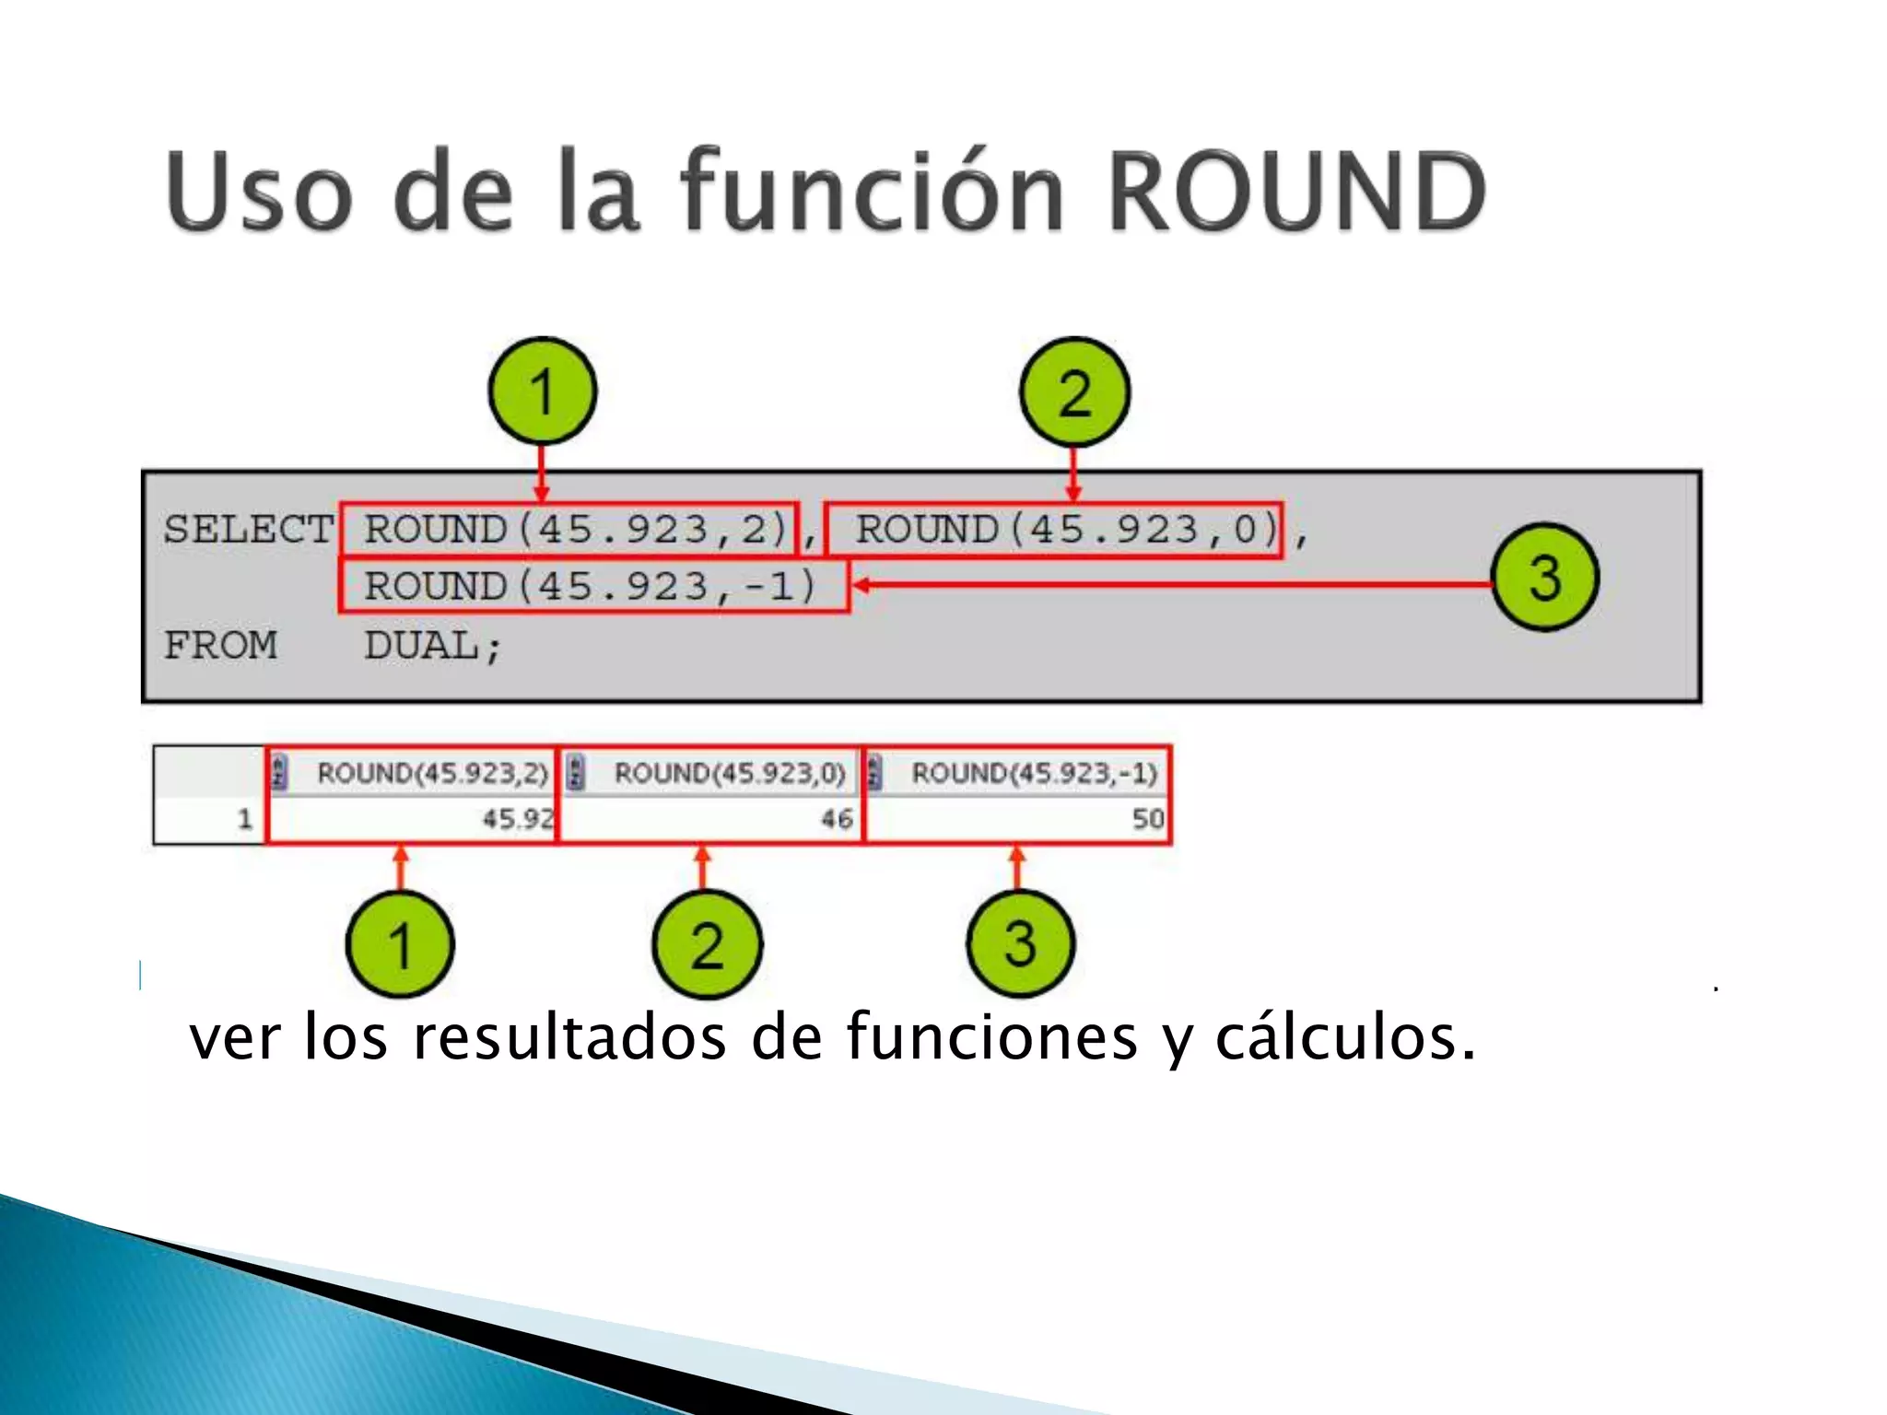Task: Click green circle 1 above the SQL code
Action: tap(543, 392)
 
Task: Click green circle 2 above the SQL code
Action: tap(1074, 392)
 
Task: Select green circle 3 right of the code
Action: tap(1545, 578)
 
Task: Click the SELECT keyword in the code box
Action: tap(248, 530)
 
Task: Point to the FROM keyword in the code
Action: tap(220, 645)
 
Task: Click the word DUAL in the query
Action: tap(422, 645)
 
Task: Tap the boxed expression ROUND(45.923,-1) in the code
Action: tap(592, 586)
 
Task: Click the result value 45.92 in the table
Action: tap(518, 818)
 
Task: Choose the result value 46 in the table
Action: tap(837, 818)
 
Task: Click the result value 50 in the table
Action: tap(1148, 818)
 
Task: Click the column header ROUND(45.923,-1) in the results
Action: tap(1034, 773)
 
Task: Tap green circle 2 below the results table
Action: tap(707, 945)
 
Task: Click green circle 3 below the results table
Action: tap(1020, 943)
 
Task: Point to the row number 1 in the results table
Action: tap(244, 818)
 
